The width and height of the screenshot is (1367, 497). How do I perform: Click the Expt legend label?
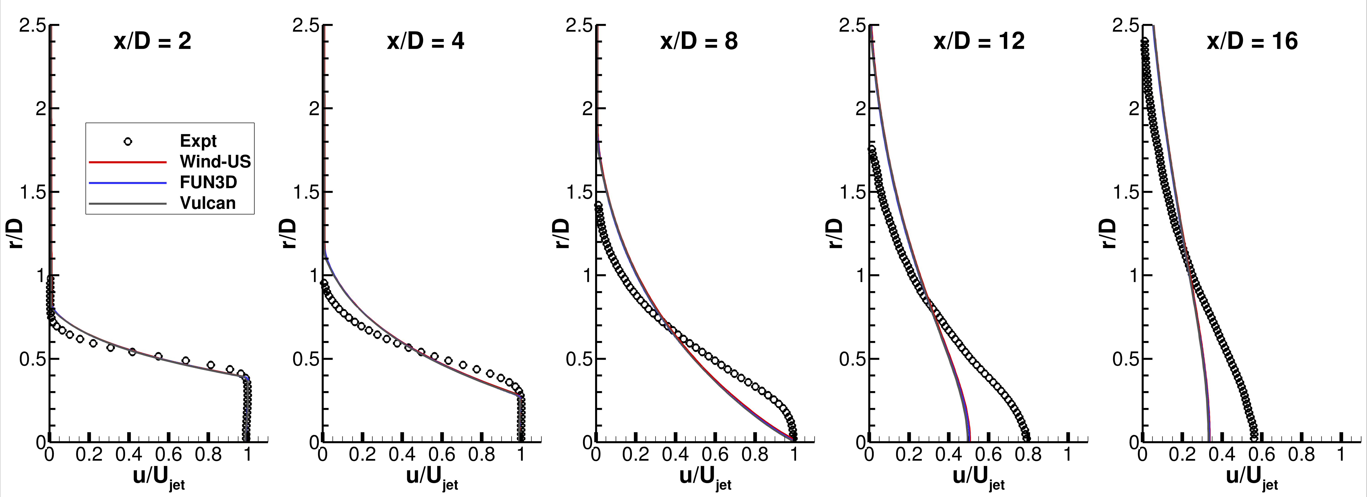click(x=198, y=141)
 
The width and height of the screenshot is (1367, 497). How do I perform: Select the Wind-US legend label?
click(x=215, y=162)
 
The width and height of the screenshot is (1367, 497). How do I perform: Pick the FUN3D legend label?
click(x=208, y=182)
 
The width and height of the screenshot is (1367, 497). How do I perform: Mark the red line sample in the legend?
click(x=128, y=162)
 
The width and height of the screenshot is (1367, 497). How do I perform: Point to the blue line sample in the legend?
click(x=128, y=182)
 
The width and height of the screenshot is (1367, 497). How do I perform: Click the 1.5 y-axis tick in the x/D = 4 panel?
click(x=306, y=192)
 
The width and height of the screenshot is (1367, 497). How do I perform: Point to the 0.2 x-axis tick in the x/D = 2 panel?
click(x=89, y=455)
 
